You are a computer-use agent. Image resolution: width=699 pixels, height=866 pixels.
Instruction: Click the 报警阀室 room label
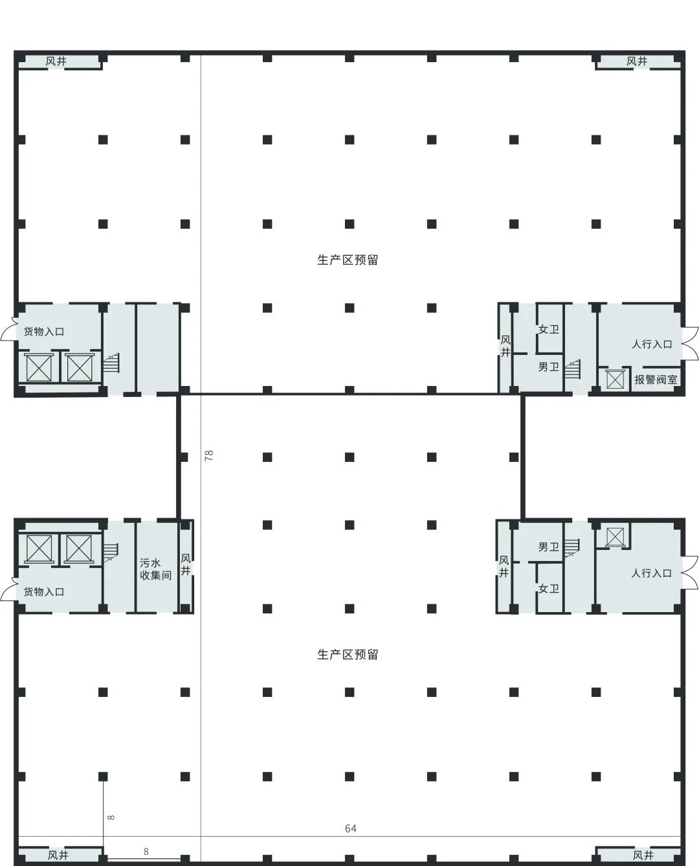(x=656, y=380)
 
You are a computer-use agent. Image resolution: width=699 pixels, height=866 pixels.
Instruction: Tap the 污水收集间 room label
(x=155, y=569)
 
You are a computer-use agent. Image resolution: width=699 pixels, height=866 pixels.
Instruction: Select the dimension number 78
(x=209, y=455)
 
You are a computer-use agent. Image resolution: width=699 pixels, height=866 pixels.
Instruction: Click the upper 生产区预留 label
(x=348, y=260)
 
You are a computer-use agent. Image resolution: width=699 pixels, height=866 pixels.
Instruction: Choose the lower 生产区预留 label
(x=348, y=655)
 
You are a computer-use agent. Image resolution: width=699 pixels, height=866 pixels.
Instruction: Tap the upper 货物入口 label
(x=44, y=332)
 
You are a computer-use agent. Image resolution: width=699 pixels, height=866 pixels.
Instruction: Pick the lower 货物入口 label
(x=44, y=592)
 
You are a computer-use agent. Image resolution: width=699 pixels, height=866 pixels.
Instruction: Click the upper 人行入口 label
(x=652, y=345)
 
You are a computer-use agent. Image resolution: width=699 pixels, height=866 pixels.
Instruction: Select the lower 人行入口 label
(x=652, y=573)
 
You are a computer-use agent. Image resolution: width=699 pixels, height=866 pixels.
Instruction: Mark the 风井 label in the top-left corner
(x=56, y=62)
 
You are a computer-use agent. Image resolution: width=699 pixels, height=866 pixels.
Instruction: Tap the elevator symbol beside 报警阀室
(x=614, y=380)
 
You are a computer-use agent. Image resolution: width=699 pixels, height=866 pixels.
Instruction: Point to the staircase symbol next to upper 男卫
(x=573, y=369)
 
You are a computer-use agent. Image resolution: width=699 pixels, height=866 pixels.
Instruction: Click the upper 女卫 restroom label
(x=549, y=329)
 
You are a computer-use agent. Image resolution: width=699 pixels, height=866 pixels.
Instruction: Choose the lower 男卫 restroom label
(x=549, y=547)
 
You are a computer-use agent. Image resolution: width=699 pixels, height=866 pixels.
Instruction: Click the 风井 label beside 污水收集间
(x=186, y=565)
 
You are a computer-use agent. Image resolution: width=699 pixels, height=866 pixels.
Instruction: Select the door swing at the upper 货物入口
(x=8, y=332)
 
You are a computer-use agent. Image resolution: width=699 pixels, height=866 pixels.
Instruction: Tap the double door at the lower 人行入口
(x=690, y=572)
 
